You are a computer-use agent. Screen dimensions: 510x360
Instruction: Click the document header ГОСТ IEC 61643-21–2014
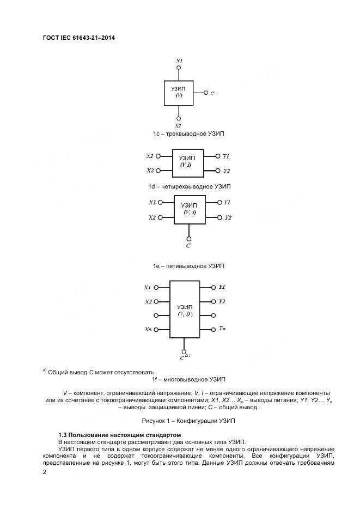point(78,38)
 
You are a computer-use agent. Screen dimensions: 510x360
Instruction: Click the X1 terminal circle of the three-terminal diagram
point(179,68)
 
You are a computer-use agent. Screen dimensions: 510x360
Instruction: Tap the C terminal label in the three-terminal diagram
point(212,93)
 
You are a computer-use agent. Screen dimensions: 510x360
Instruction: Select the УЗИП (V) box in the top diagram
point(179,93)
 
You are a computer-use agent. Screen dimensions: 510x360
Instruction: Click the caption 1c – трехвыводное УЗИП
point(189,133)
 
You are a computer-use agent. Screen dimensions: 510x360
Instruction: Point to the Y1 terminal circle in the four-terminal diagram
point(218,156)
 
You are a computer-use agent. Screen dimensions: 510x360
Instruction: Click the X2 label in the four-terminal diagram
point(150,170)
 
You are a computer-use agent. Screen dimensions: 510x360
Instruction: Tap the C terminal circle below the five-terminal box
point(188,239)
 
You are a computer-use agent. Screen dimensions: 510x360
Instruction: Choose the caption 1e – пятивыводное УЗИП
point(188,266)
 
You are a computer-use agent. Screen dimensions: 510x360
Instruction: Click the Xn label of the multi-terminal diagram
point(148,330)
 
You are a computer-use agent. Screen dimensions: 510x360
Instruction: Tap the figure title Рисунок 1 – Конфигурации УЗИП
point(188,421)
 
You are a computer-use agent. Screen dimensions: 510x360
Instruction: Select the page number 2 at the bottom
point(45,472)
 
